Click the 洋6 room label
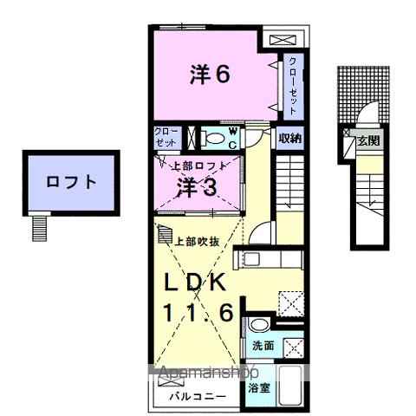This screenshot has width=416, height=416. [210, 75]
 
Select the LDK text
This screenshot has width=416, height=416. [198, 283]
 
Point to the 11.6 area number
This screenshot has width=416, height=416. [198, 314]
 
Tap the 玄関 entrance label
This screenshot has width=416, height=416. [368, 140]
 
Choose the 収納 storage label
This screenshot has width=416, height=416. [290, 139]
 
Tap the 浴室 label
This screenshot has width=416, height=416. [259, 388]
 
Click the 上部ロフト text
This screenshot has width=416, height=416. [198, 165]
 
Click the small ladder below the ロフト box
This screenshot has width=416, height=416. [37, 227]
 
